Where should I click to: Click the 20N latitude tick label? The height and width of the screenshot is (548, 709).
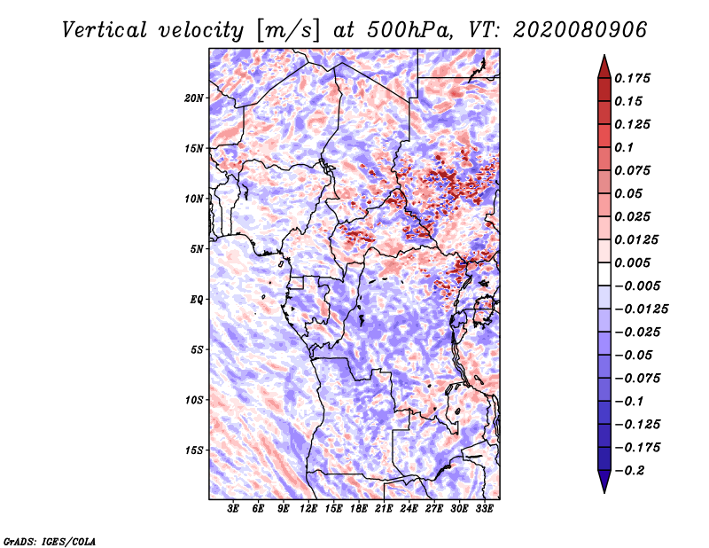point(194,98)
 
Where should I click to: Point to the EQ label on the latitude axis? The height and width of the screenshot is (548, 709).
point(197,300)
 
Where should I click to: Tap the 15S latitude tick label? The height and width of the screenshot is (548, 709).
point(194,450)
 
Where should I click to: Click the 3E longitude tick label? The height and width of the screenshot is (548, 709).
point(233,509)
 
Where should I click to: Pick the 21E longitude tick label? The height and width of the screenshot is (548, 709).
point(384,509)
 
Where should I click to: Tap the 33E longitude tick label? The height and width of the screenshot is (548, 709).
point(484,509)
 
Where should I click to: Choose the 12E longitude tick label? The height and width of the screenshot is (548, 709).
point(308,509)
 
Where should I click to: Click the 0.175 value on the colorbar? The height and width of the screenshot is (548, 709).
point(635,78)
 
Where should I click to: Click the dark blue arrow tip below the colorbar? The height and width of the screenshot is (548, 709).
point(604,489)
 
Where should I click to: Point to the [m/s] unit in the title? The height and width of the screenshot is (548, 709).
point(284,29)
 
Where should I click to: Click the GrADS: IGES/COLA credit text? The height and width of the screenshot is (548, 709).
point(49,540)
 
